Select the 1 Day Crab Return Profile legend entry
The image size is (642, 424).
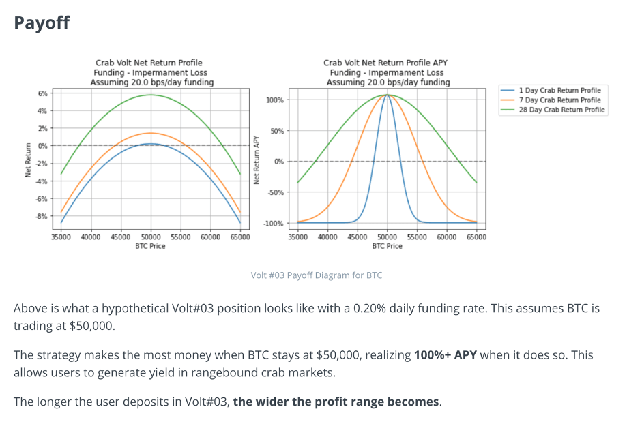coord(559,90)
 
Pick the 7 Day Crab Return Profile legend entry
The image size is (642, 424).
coord(559,100)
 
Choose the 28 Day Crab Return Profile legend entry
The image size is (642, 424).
coord(561,110)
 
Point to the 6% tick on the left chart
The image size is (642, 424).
coord(42,93)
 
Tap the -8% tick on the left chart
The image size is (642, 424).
coord(41,216)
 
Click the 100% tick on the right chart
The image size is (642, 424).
coord(275,100)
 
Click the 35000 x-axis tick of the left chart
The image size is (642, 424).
coord(61,237)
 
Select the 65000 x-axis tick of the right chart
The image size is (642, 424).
coord(476,237)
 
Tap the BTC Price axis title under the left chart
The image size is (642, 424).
coord(151,246)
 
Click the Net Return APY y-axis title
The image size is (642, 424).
coord(257,161)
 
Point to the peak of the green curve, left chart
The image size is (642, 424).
coord(151,95)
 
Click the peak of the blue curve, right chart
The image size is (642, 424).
coord(387,95)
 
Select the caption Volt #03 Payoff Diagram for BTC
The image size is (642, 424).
coord(317,275)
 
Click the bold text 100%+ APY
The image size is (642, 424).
coord(446,355)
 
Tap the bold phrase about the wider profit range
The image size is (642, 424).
coord(336,402)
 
